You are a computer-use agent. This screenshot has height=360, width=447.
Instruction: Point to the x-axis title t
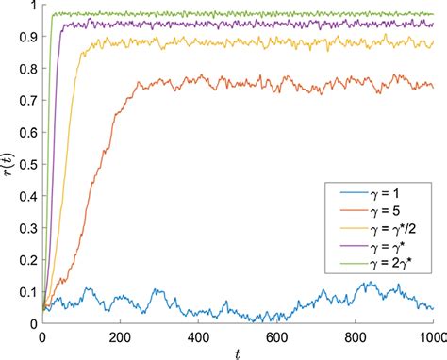[x=237, y=353]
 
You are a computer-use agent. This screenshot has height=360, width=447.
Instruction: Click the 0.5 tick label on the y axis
[x=25, y=164]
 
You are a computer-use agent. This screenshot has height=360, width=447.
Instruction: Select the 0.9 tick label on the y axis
[x=25, y=37]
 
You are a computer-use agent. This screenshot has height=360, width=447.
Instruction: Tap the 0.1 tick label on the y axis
[x=25, y=292]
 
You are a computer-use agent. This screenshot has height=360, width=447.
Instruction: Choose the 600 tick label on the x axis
[x=276, y=336]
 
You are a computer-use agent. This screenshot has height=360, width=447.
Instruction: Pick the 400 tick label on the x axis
[x=198, y=336]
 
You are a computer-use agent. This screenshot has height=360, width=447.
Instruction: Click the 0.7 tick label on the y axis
[x=25, y=101]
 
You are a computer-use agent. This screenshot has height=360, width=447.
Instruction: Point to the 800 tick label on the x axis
[x=355, y=336]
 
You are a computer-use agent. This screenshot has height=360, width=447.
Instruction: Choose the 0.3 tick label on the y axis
[x=25, y=228]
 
